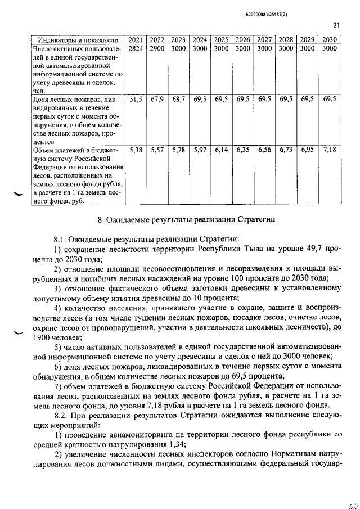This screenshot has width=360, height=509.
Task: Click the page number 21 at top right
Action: tap(336, 25)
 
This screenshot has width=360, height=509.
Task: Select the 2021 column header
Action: tap(136, 40)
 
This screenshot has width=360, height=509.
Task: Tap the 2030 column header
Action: tap(329, 40)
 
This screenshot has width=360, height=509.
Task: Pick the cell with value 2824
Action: tap(136, 49)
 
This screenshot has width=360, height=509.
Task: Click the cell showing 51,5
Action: tap(136, 99)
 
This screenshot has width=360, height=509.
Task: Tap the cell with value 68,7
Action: tap(178, 99)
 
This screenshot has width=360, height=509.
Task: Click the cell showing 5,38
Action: tap(136, 150)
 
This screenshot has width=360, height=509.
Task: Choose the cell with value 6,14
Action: tap(221, 150)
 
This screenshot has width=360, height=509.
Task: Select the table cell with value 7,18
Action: tap(329, 150)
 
